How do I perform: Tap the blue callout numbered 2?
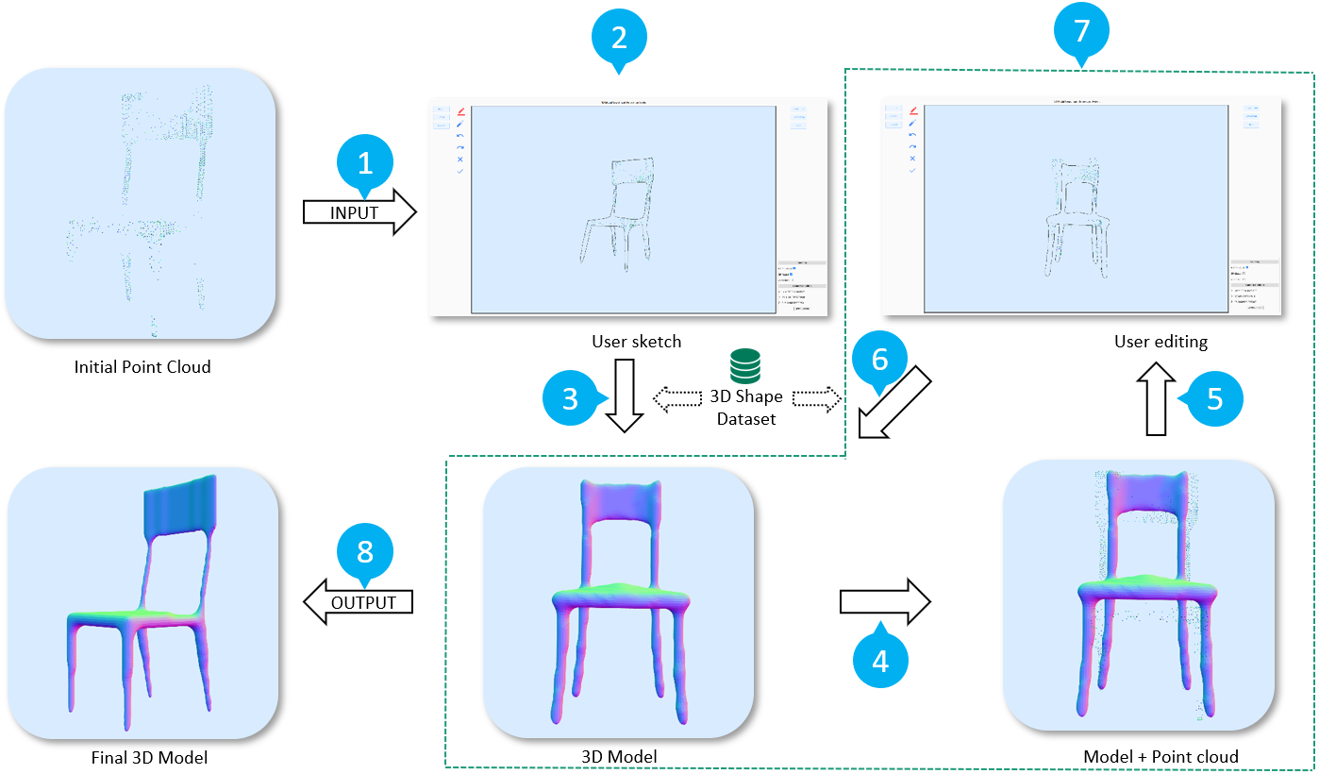618,38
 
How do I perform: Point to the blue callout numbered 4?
880,661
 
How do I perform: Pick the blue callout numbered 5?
1215,399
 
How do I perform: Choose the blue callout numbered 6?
879,360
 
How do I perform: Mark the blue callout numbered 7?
1081,31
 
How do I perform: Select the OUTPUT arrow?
359,601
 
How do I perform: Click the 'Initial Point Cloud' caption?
142,366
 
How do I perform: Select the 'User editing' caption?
1160,341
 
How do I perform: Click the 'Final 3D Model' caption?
142,757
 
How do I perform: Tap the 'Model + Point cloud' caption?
1160,756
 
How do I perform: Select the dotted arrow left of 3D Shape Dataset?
682,400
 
